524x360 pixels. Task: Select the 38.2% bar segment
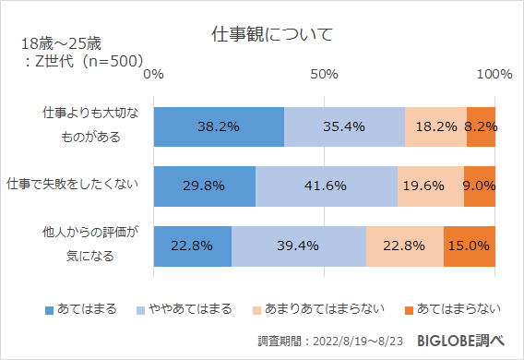tap(219, 127)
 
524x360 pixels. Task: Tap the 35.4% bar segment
tap(344, 127)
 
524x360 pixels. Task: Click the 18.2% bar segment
tap(435, 127)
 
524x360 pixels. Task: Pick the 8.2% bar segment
tap(482, 127)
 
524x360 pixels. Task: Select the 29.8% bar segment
tap(204, 186)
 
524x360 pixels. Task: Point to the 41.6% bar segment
tap(326, 186)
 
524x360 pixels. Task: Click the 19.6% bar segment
tap(430, 186)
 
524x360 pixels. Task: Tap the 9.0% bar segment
tap(480, 186)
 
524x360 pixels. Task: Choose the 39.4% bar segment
tap(298, 245)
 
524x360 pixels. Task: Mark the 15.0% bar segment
tap(470, 245)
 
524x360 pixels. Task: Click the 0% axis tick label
tap(154, 74)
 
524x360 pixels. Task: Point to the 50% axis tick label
tap(325, 74)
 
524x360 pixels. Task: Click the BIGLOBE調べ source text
tap(460, 341)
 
